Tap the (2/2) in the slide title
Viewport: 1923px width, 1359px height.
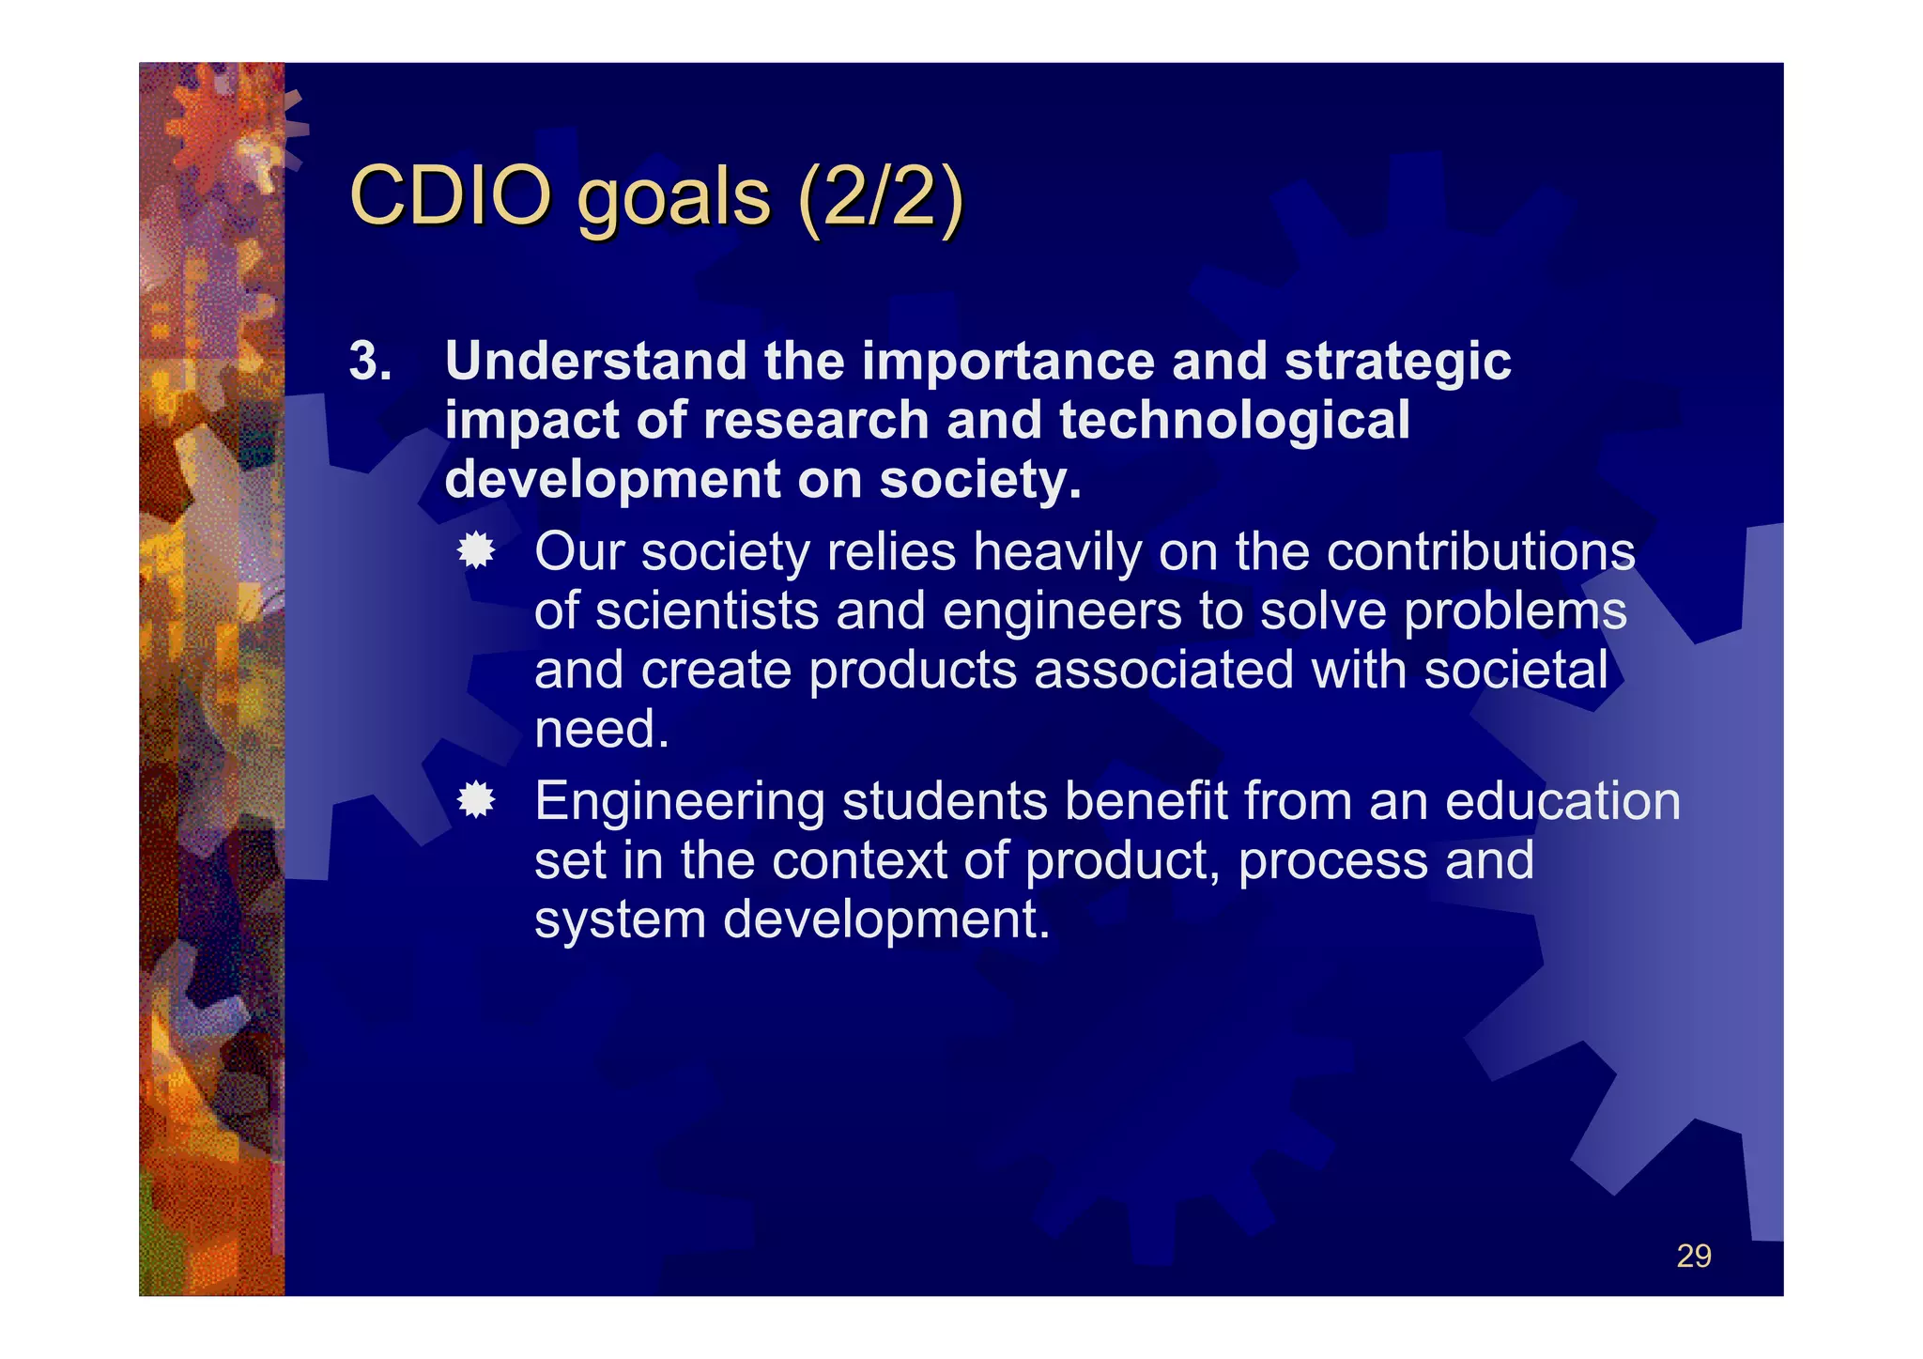point(879,197)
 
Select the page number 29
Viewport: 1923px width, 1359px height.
point(1693,1256)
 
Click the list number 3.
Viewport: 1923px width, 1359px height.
point(370,361)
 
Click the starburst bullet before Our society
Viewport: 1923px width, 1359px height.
point(476,551)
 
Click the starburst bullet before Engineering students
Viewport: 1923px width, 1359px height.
point(476,800)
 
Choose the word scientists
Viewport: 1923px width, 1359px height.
point(706,611)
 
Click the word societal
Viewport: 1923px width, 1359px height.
point(1515,670)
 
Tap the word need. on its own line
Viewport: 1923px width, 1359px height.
point(601,730)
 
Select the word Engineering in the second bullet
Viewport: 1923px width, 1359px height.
point(679,802)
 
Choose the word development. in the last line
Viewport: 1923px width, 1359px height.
point(885,919)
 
